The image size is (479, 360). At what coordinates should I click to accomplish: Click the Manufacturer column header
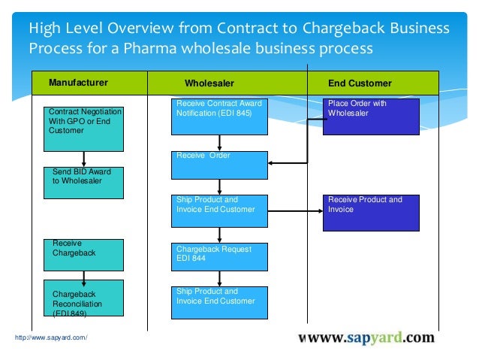78,83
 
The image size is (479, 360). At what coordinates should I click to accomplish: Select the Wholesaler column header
209,83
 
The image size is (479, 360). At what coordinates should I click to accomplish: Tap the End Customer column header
360,83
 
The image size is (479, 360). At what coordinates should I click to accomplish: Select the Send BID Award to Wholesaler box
84,183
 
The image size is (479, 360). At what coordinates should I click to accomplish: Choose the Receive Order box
219,165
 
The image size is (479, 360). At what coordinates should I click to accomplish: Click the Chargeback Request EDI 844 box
219,257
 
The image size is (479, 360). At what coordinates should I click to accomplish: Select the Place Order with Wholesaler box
371,116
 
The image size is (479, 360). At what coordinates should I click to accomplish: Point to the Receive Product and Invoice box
371,213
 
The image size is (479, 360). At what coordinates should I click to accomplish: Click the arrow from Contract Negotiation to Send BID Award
84,159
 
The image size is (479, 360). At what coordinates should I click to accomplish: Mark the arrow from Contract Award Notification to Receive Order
219,143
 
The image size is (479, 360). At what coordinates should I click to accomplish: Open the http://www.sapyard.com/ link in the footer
51,338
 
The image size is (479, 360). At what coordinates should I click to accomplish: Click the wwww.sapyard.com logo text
366,337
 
